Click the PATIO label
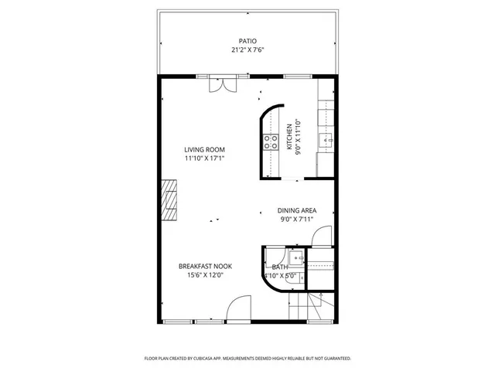(247, 41)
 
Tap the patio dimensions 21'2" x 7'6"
(247, 50)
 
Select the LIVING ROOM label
(204, 149)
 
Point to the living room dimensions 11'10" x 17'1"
(204, 158)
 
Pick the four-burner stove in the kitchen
(271, 141)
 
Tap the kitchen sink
(326, 140)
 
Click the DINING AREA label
(297, 209)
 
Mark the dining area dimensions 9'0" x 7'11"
(297, 219)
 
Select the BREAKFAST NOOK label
(205, 266)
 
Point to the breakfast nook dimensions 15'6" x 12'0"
(205, 275)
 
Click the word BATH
(279, 267)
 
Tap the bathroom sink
(295, 260)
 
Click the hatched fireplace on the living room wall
(168, 199)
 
